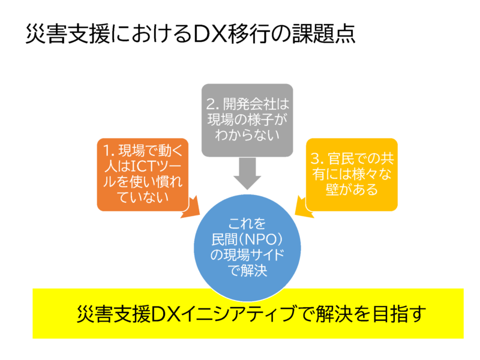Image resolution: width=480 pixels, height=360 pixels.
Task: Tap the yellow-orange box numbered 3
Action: [353, 174]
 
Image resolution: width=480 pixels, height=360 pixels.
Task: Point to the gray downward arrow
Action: [247, 173]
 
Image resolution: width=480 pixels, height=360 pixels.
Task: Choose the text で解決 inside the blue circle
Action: [247, 271]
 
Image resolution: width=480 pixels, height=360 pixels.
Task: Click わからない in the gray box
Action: [247, 135]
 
